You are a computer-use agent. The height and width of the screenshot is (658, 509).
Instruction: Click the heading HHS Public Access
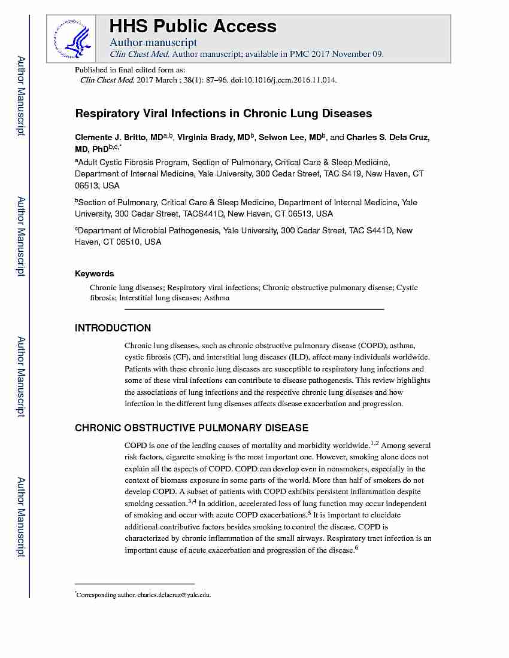[193, 26]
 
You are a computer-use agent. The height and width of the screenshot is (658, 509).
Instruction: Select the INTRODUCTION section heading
[113, 328]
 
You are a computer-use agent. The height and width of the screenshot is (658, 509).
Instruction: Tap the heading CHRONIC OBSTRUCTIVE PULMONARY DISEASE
[191, 428]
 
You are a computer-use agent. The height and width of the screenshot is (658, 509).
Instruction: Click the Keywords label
[94, 273]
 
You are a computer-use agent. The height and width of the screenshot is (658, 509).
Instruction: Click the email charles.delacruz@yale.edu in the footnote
[174, 595]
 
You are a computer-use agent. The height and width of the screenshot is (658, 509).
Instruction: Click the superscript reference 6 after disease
[356, 547]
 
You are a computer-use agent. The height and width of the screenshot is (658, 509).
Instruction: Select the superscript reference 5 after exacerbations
[309, 512]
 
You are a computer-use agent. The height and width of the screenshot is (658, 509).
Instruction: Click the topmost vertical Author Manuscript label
[20, 96]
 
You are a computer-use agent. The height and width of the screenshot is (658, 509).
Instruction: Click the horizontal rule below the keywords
[254, 309]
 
